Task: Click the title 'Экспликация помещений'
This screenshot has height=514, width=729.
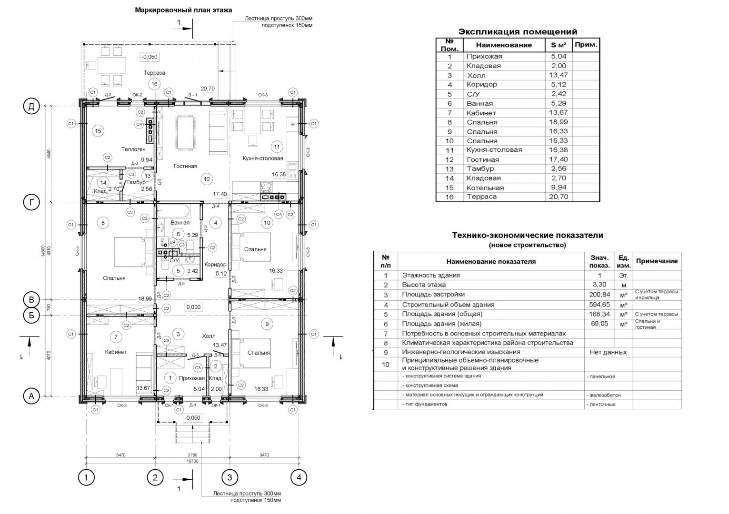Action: tap(517, 32)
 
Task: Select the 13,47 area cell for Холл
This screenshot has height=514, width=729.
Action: tap(558, 75)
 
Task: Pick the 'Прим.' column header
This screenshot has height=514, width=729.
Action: tap(586, 44)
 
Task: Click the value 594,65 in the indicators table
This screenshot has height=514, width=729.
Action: tap(599, 305)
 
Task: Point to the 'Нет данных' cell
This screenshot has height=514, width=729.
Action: tap(608, 352)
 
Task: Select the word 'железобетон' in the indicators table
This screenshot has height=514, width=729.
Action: tap(604, 395)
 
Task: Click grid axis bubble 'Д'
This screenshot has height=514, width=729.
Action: tap(31, 107)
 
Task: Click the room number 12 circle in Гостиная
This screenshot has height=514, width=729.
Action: tap(206, 179)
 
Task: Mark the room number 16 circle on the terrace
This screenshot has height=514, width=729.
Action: tap(154, 84)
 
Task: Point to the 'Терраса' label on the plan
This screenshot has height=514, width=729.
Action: tap(154, 73)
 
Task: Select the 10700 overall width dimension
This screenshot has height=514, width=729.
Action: tap(192, 461)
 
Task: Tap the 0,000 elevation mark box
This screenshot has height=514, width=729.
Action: tap(194, 307)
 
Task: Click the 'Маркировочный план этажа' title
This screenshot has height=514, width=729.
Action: tap(183, 10)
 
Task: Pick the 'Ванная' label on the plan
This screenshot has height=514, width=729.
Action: tap(180, 222)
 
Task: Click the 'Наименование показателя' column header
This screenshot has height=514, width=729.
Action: tap(490, 261)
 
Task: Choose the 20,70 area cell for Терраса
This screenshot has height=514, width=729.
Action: tap(558, 197)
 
